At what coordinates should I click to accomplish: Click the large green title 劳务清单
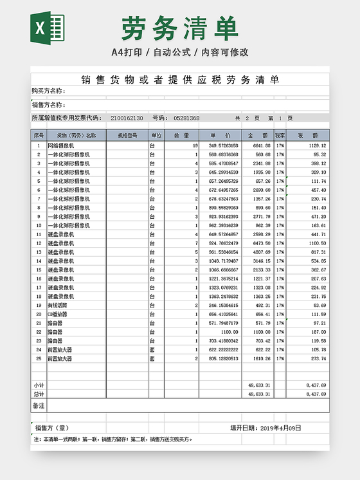click(x=179, y=28)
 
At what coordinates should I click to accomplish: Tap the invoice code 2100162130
click(x=127, y=118)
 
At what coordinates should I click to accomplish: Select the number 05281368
click(x=186, y=118)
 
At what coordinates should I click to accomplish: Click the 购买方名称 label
click(x=49, y=91)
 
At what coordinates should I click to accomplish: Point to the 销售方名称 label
click(x=49, y=105)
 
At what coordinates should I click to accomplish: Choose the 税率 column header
click(x=280, y=136)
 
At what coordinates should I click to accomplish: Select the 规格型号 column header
click(x=127, y=136)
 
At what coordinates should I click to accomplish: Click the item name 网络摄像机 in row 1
click(x=61, y=146)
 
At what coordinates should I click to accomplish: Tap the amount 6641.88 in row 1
click(x=258, y=146)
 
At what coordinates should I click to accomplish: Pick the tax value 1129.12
click(x=315, y=146)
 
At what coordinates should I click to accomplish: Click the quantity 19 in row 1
click(x=195, y=146)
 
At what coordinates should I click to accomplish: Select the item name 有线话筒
click(x=59, y=305)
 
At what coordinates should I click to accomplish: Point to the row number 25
click(x=39, y=358)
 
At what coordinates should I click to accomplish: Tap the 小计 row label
click(x=39, y=385)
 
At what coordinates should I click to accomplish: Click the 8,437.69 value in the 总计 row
click(x=316, y=394)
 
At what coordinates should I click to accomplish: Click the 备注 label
click(x=38, y=405)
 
